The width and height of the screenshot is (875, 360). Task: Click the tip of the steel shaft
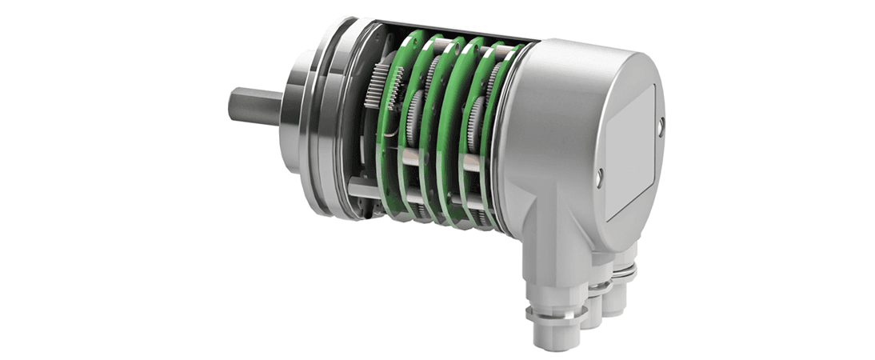pos(234,106)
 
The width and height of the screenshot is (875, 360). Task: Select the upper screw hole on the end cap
pos(661,126)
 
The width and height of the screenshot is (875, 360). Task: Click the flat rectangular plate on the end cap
pos(632,152)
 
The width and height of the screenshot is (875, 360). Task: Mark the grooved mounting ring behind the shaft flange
pos(328,120)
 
